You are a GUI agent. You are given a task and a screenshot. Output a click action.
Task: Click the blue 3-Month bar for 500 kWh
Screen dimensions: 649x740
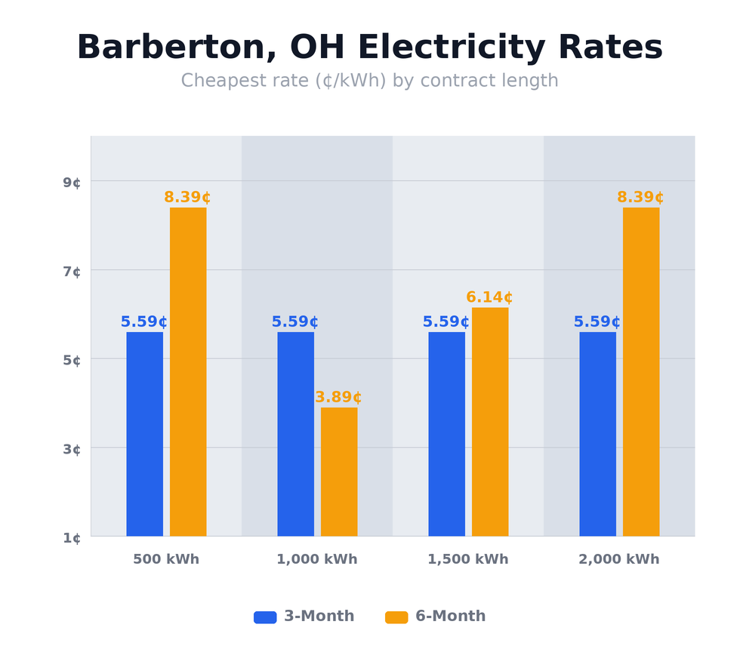coord(144,434)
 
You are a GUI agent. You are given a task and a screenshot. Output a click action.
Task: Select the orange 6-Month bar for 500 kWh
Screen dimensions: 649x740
coord(188,371)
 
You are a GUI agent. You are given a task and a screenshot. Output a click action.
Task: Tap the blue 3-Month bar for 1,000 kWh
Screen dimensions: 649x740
coord(295,434)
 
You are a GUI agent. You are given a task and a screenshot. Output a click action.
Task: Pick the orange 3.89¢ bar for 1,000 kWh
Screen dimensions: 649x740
coord(339,472)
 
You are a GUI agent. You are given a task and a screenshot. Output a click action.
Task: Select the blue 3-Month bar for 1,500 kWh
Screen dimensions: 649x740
coord(446,434)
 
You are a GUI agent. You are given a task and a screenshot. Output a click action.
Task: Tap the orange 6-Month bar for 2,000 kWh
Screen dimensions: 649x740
coord(641,371)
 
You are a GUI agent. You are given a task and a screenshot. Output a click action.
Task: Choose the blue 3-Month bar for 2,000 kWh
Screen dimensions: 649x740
coord(597,434)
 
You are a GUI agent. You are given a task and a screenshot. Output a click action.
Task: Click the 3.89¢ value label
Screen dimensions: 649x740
coord(338,398)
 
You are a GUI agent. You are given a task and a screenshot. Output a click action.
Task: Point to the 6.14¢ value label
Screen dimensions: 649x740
coord(489,297)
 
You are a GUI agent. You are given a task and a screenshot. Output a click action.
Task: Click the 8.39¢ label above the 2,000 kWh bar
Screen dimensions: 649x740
coord(640,198)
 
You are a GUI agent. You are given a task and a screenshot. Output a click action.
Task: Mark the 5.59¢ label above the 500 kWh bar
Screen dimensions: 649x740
coord(144,322)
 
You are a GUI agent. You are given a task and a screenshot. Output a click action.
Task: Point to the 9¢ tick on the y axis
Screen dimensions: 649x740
coord(72,183)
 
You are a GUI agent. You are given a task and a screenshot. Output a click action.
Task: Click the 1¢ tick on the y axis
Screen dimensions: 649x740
coord(72,538)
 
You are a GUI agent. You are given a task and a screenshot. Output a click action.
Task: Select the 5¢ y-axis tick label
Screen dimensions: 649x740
coord(72,361)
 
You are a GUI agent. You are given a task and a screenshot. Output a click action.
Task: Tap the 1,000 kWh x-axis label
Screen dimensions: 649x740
coord(316,560)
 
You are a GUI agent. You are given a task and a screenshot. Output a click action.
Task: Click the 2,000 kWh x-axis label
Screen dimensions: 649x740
coord(618,560)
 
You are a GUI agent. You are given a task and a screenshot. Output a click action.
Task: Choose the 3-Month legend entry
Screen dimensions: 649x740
coord(304,617)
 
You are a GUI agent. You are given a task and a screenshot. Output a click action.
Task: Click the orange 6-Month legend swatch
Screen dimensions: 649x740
coord(396,617)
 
